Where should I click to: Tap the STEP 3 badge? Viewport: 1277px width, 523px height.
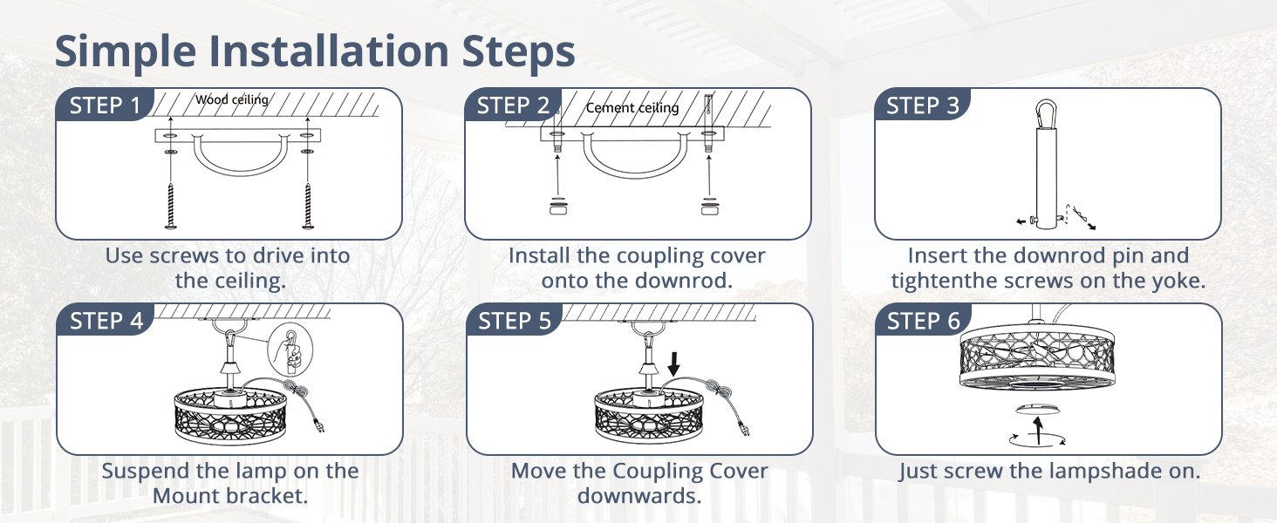(923, 106)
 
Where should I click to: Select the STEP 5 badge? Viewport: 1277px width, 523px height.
(515, 321)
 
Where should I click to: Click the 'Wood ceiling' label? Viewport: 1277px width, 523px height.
(231, 100)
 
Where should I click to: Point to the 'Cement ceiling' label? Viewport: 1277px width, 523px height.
(632, 108)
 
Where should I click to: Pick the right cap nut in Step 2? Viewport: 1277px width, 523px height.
(710, 207)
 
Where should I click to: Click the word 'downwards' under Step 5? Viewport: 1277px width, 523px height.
(638, 496)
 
